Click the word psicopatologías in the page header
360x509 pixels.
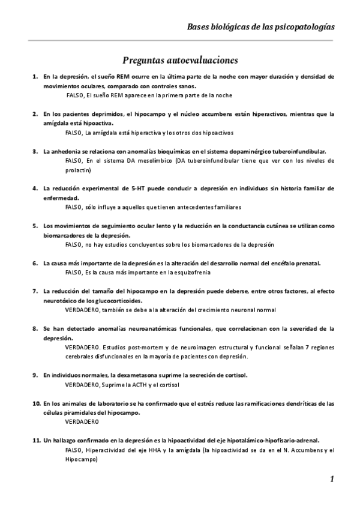pyautogui.click(x=304, y=27)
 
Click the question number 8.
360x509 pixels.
pyautogui.click(x=35, y=329)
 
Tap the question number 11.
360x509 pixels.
pyautogui.click(x=36, y=440)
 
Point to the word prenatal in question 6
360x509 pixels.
pyautogui.click(x=307, y=263)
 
